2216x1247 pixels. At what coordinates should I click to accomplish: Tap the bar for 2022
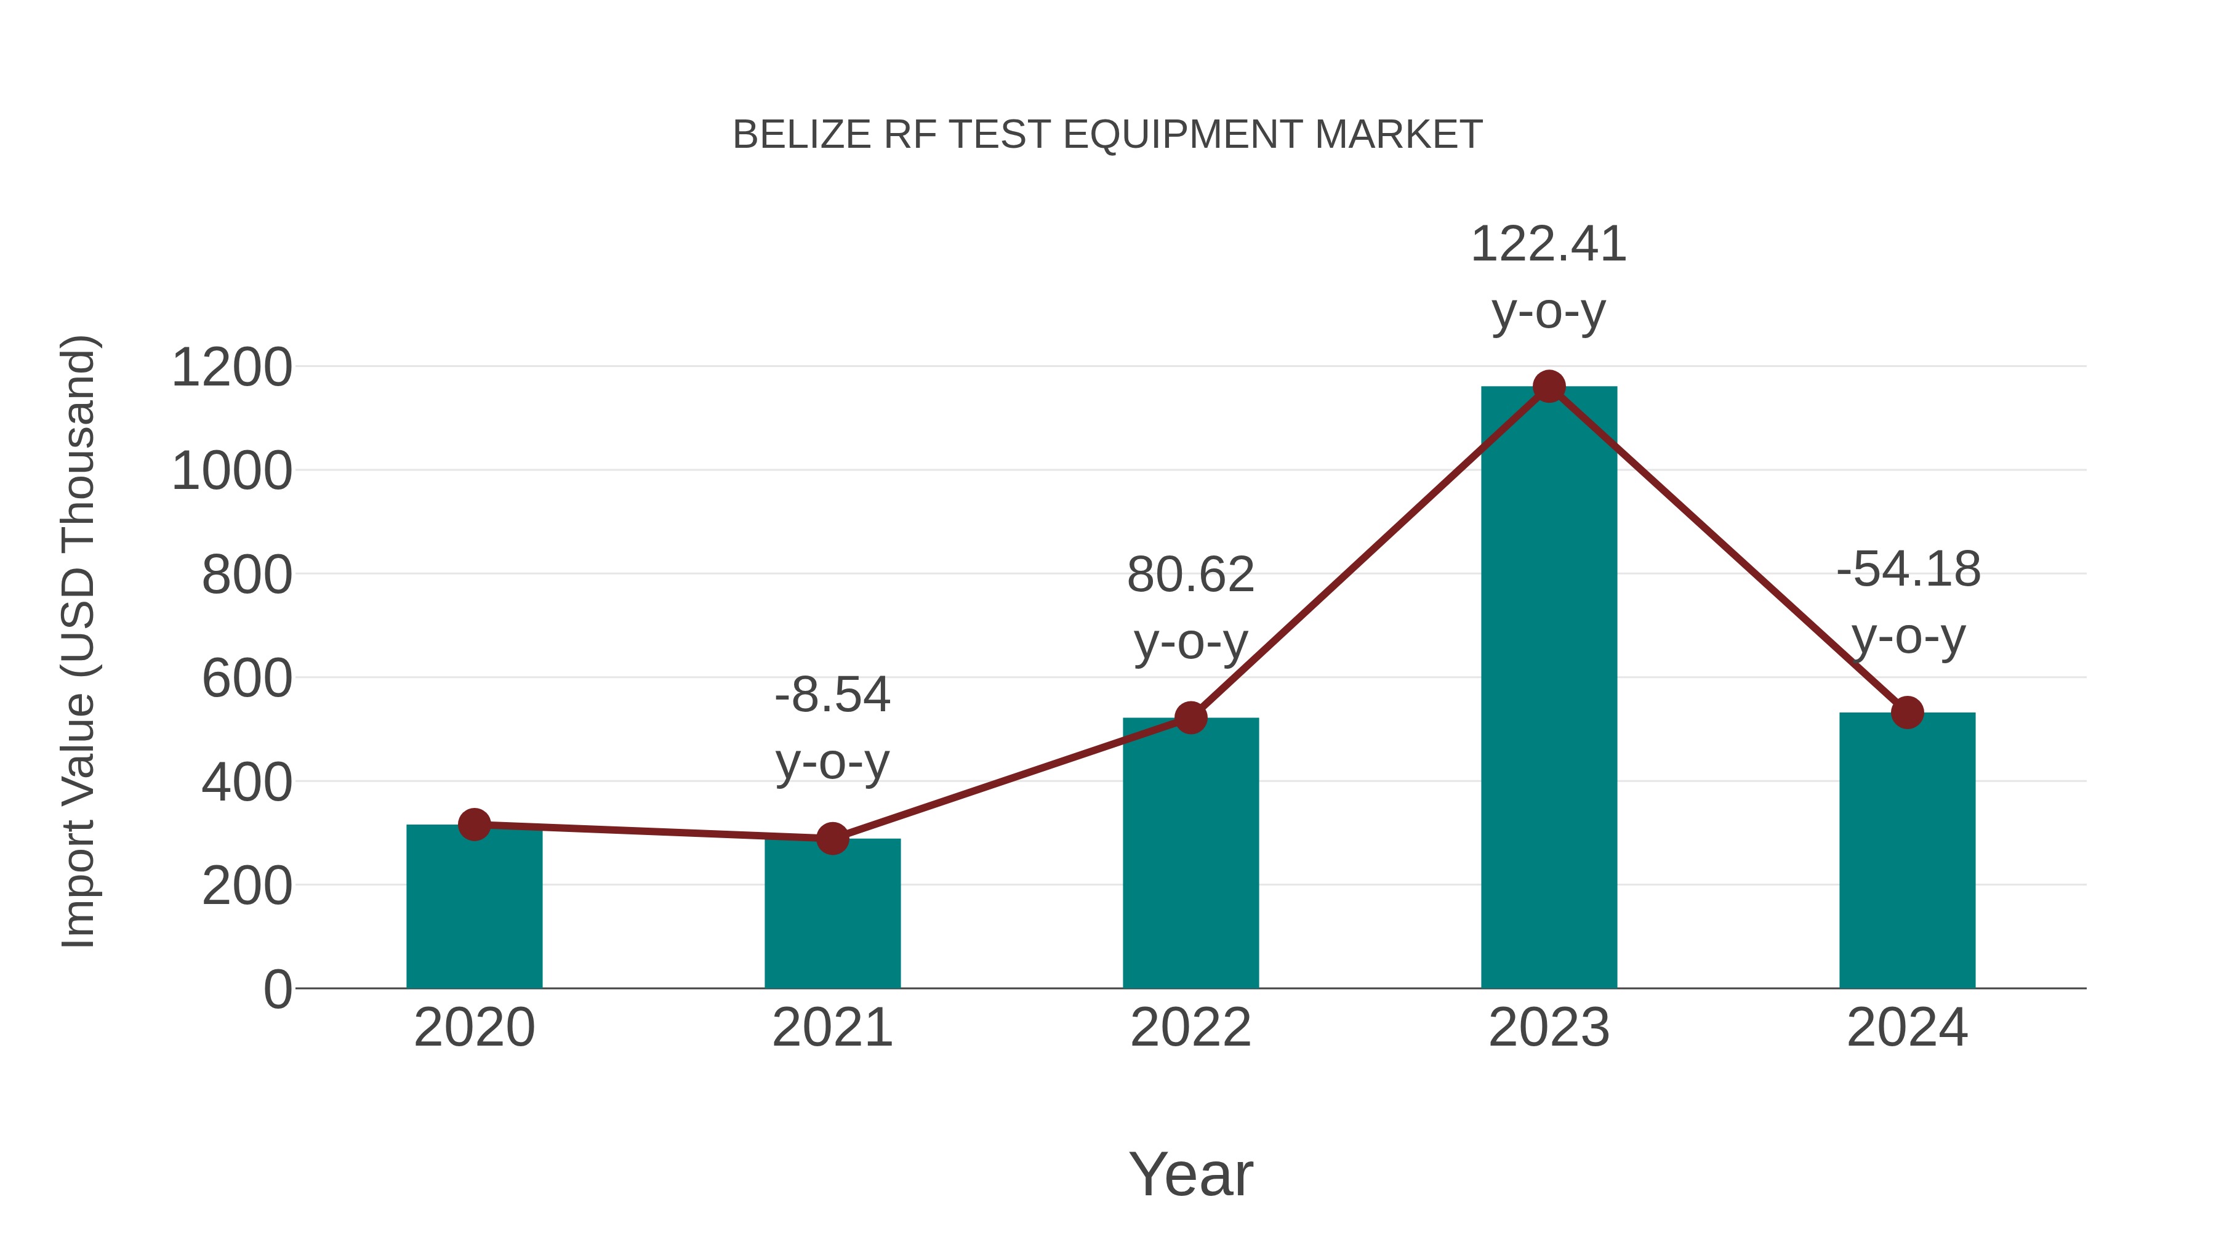coord(1190,852)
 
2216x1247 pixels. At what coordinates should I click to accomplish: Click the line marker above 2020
coord(474,825)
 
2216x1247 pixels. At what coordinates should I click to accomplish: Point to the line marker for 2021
coord(832,837)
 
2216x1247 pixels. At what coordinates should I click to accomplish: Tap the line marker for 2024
coord(1907,712)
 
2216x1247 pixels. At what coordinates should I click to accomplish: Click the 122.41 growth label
coord(1549,244)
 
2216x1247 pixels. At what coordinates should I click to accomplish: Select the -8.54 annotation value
coord(832,695)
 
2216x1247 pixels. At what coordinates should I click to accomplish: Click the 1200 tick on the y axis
coord(231,368)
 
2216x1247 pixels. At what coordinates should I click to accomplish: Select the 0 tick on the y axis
coord(277,989)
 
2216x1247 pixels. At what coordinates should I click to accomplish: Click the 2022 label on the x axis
coord(1190,1028)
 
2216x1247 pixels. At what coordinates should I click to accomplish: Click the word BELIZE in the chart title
coord(801,135)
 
